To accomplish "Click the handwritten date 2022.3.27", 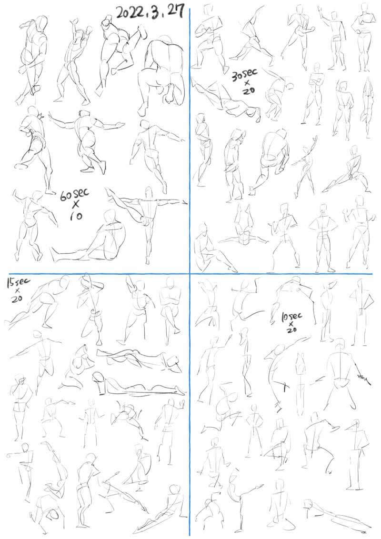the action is coord(150,13).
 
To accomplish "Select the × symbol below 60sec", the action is coord(75,204).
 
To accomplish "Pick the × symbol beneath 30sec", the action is coord(247,83).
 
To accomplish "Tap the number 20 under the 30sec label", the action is coord(248,91).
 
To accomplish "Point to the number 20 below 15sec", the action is coord(17,299).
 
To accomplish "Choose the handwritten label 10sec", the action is coord(291,317).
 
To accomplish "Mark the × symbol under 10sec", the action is coord(291,324).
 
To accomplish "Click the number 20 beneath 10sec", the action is coord(291,330).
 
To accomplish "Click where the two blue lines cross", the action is coord(190,274).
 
